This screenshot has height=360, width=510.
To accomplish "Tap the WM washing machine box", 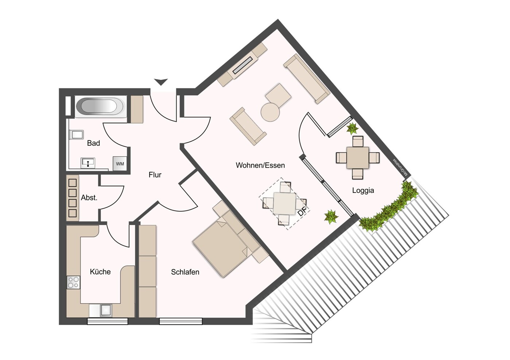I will [120, 164].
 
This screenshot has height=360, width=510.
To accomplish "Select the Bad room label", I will [93, 143].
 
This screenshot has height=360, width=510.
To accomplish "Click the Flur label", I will [155, 175].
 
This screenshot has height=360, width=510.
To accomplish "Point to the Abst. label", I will [89, 198].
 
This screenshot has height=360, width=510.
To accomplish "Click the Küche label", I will [100, 272].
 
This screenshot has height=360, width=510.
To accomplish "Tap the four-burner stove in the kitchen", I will [73, 282].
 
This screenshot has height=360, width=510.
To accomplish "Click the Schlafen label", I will [185, 272].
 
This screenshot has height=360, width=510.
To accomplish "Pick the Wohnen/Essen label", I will [260, 165].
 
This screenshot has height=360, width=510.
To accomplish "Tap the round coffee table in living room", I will [270, 112].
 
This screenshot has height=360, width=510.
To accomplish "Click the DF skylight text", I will [301, 211].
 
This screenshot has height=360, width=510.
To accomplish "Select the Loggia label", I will [363, 190].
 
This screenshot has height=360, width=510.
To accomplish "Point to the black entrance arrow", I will [161, 82].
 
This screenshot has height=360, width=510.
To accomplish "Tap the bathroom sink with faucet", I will [88, 162].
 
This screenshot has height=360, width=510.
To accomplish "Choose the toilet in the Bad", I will [77, 135].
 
